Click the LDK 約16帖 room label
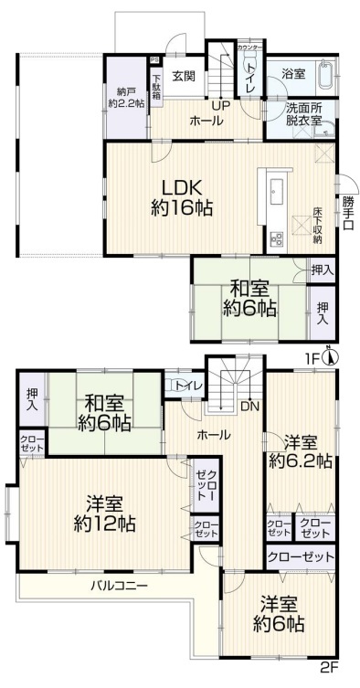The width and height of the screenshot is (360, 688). pyautogui.click(x=182, y=197)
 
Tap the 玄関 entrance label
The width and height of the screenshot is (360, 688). pyautogui.click(x=184, y=76)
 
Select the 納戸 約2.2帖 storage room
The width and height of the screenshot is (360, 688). pyautogui.click(x=126, y=98)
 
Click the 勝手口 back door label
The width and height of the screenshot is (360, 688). pyautogui.click(x=348, y=213)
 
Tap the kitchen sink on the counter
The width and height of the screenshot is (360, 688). pyautogui.click(x=278, y=192)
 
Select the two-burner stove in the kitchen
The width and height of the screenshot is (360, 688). pyautogui.click(x=278, y=239)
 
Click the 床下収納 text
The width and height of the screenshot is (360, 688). pyautogui.click(x=318, y=225)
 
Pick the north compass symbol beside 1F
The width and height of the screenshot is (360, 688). pyautogui.click(x=330, y=356)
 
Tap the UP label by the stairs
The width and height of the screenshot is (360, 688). pyautogui.click(x=219, y=106)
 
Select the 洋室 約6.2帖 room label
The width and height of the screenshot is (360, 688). pyautogui.click(x=301, y=452)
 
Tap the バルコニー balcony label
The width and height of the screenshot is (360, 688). pyautogui.click(x=120, y=586)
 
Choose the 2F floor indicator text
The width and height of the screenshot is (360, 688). pyautogui.click(x=331, y=681)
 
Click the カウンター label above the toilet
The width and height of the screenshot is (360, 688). pyautogui.click(x=249, y=47)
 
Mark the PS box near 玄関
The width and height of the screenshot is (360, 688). pyautogui.click(x=155, y=60)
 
